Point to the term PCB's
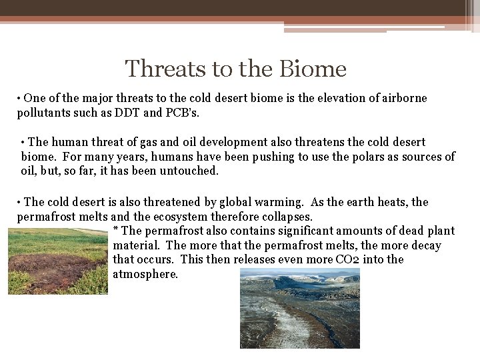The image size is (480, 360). [181, 113]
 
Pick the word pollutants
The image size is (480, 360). [43, 113]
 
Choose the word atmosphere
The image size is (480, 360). [145, 274]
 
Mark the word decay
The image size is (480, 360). [427, 245]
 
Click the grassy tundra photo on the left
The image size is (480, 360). [57, 261]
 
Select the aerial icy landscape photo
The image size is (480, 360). [299, 308]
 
